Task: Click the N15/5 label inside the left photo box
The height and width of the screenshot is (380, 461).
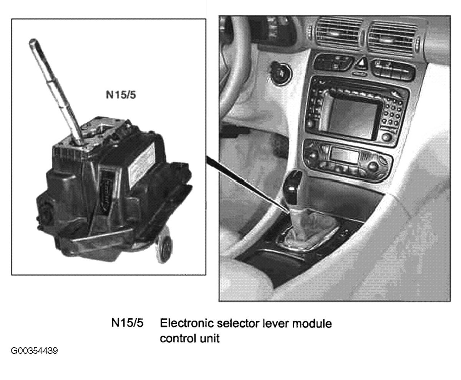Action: (x=121, y=95)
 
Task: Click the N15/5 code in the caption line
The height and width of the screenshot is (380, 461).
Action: (x=128, y=323)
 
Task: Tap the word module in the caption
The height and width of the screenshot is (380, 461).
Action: (x=312, y=324)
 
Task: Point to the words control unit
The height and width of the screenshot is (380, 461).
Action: (x=190, y=338)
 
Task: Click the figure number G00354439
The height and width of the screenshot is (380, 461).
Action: (x=34, y=351)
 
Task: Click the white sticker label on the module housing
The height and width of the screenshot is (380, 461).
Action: (x=141, y=163)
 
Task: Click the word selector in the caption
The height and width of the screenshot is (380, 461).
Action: (x=238, y=323)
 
